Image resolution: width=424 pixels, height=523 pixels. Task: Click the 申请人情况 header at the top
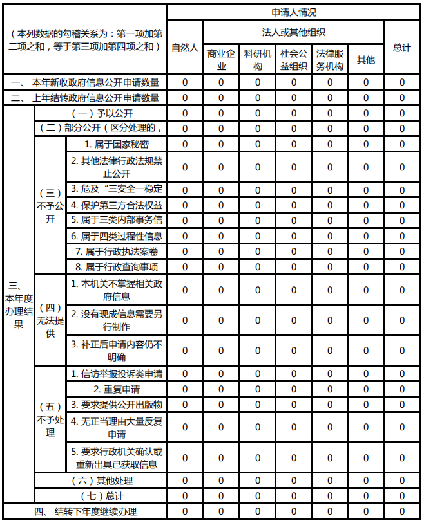pos(294,12)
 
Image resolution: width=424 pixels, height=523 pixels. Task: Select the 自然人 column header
pos(184,48)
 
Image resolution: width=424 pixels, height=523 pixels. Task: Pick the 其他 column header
pos(366,59)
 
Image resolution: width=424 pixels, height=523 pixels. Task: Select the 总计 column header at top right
pos(402,48)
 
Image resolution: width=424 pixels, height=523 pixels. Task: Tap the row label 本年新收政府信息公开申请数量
pos(84,82)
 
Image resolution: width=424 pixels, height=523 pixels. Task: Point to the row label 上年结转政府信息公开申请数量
pos(84,98)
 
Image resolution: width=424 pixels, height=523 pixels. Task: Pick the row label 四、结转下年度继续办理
pos(84,511)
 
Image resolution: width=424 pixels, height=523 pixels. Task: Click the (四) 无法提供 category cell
pos(50,320)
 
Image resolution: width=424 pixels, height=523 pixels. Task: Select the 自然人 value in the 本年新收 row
pos(184,82)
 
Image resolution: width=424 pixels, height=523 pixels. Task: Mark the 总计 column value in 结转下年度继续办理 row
pos(402,511)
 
